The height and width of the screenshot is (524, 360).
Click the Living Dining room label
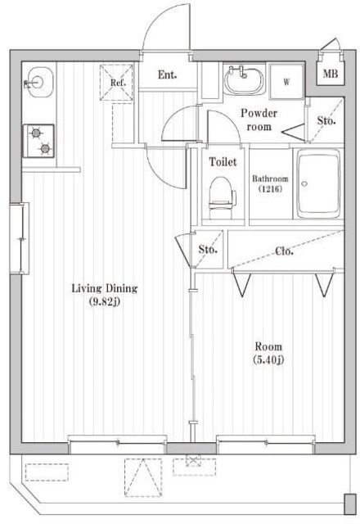pos(104,288)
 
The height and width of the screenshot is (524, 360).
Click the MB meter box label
pos(330,75)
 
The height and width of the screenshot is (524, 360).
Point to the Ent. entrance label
pos(168,75)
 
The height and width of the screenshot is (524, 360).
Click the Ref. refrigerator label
pos(117,82)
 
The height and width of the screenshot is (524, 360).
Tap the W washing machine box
pos(287,81)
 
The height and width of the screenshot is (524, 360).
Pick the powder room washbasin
pos(243,79)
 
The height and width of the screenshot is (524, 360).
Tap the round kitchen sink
pos(37,82)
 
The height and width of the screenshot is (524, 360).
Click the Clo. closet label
pos(285,251)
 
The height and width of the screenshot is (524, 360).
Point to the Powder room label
pos(259,120)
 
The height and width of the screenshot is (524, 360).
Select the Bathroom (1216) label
pos(269,183)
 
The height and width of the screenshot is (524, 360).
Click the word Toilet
pos(223,162)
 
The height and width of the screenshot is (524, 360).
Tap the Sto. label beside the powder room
pos(326,121)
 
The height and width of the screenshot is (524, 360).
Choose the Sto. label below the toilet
pos(208,250)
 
